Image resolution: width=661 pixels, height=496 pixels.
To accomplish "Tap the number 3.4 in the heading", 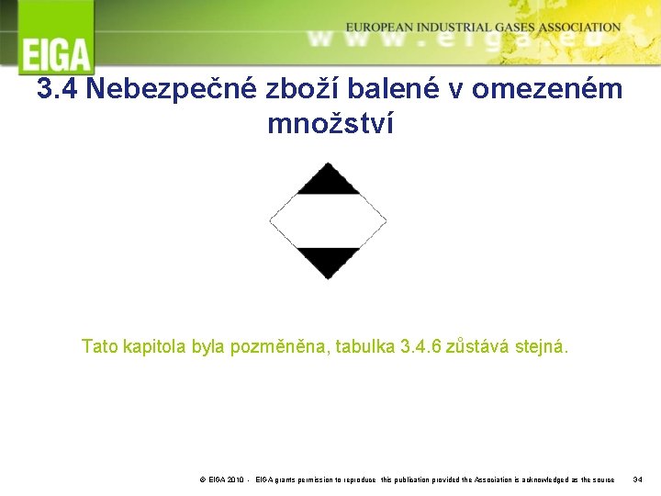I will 58,89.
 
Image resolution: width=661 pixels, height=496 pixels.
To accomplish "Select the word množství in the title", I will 330,122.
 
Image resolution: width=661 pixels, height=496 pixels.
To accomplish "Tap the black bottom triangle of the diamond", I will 328,261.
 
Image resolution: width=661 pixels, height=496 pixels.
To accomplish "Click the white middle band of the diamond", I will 328,221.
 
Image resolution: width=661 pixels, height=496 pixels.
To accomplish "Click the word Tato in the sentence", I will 100,347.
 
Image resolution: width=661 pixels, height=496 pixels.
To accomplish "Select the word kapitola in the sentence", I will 157,347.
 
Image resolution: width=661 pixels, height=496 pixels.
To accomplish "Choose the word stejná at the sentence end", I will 542,347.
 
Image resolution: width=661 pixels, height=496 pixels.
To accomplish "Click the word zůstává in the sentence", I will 483,347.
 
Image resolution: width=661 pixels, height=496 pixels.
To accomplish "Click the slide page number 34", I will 638,479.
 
